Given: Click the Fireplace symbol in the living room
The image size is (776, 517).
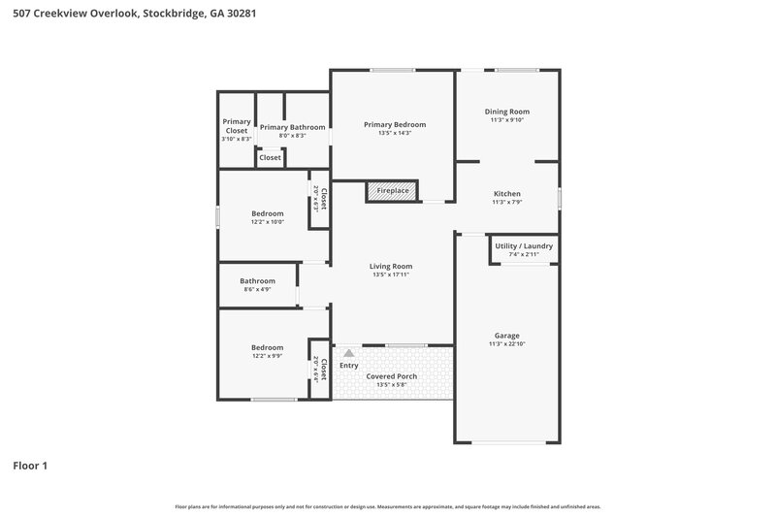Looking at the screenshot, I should (x=392, y=192).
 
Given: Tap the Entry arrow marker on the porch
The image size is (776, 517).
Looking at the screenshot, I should (x=348, y=354).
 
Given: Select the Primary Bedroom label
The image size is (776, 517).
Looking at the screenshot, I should (x=394, y=124).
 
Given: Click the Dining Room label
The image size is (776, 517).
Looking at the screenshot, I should (x=507, y=112).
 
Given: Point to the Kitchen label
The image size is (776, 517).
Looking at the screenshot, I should (x=507, y=194).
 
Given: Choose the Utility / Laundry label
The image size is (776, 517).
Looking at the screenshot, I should (x=524, y=245).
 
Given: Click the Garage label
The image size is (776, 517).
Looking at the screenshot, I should (x=507, y=335).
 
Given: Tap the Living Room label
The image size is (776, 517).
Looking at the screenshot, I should (x=391, y=266).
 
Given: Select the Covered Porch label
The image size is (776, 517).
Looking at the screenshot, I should (x=391, y=375).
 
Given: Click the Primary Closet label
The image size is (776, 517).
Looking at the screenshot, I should (x=236, y=126).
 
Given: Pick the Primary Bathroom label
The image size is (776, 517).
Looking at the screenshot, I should (x=292, y=127).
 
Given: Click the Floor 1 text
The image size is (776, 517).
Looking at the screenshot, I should (x=30, y=466).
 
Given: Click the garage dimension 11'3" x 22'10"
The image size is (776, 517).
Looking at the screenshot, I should (x=507, y=344).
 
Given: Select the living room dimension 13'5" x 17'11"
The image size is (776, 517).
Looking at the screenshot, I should (x=391, y=275).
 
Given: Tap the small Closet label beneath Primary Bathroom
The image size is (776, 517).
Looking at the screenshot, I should (x=270, y=157).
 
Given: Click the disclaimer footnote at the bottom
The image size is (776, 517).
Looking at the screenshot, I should (x=387, y=506).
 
